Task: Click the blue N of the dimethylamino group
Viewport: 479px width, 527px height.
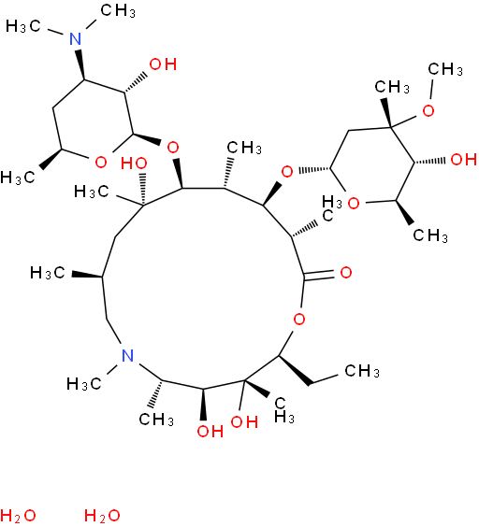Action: pos(76,38)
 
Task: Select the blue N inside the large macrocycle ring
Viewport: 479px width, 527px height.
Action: pos(127,355)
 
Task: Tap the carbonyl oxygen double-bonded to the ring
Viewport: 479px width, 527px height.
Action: pos(346,272)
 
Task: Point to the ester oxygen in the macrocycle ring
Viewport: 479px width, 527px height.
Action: pos(299,319)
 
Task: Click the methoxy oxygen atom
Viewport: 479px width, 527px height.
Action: pos(428,110)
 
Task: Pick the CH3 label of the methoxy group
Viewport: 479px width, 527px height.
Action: pos(445,69)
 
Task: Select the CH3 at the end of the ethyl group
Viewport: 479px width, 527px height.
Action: pos(362,371)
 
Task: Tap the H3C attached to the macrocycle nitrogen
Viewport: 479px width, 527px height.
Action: pos(84,383)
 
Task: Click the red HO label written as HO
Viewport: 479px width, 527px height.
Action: pos(134,164)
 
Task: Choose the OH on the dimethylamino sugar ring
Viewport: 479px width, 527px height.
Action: pos(163,64)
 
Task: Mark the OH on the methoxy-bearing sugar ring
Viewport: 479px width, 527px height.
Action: pos(463,159)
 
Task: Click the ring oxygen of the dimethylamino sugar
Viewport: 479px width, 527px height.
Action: pos(101,163)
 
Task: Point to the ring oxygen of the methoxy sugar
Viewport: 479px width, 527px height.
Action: pos(354,204)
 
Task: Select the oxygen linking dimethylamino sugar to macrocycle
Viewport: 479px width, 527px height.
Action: pos(173,148)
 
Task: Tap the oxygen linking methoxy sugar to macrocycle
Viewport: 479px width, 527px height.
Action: pos(287,172)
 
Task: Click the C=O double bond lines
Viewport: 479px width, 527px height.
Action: pos(319,273)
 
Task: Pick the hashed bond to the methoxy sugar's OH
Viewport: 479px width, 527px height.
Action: pos(431,162)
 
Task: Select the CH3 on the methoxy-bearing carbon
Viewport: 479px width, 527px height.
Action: pos(392,87)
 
